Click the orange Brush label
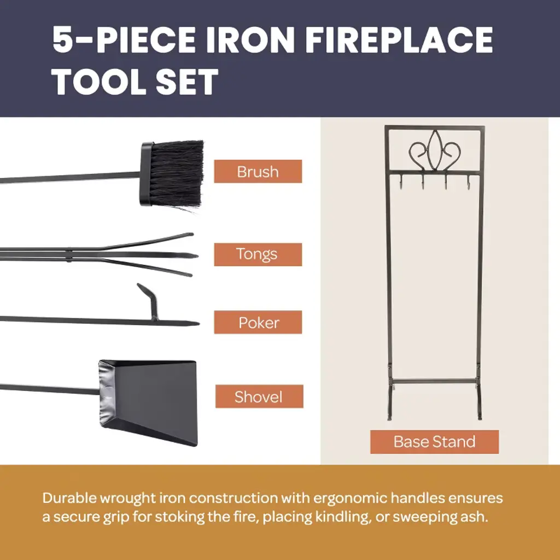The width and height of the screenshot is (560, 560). (258, 171)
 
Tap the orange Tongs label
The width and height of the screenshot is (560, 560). (258, 254)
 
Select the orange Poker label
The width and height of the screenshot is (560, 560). (258, 322)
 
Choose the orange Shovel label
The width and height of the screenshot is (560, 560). (259, 396)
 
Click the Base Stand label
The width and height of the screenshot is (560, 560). (434, 442)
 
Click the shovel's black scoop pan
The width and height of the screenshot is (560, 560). (148, 402)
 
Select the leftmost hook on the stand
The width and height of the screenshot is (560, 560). (401, 180)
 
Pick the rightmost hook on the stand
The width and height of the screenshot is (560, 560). (468, 180)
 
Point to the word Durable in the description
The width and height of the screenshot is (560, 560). (69, 498)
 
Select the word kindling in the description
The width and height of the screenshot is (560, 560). (342, 517)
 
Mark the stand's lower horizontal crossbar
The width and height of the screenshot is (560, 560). (435, 381)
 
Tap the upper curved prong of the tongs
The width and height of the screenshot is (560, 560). (147, 241)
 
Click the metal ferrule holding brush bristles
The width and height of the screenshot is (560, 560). (147, 173)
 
